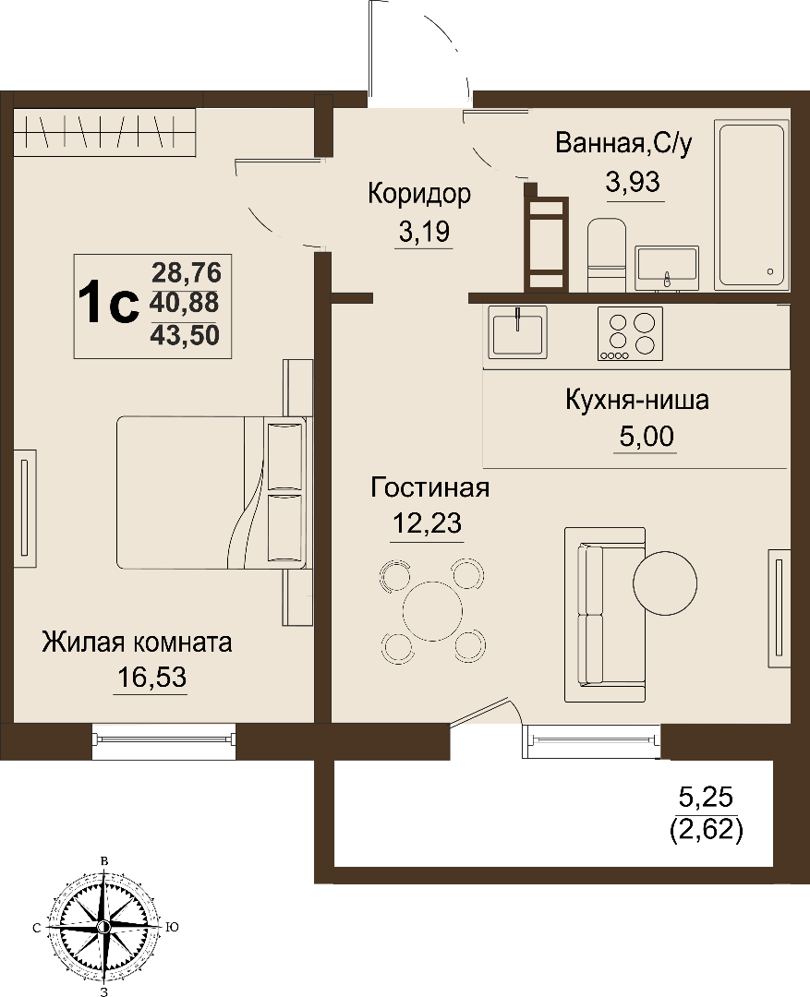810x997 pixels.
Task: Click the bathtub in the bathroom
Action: tap(752, 205)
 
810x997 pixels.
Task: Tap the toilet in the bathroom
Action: tap(607, 255)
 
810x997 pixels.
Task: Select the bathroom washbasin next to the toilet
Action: tap(667, 268)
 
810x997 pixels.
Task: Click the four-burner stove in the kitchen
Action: tap(630, 334)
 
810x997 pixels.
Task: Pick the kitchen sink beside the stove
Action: tap(517, 332)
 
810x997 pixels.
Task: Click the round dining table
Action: tap(432, 610)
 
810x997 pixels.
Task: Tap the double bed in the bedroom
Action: tap(212, 492)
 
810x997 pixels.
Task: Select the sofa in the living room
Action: tap(604, 615)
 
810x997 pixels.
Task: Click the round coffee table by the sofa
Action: tap(665, 583)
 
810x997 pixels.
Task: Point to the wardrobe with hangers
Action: tap(104, 132)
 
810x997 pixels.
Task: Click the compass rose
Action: tap(103, 927)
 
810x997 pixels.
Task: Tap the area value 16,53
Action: tap(151, 678)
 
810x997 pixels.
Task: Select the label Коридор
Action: tap(419, 193)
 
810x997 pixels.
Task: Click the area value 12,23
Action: tap(427, 523)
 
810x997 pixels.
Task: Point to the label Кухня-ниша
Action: tap(637, 401)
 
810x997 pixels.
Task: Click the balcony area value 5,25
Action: tap(707, 796)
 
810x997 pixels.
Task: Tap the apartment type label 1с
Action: tap(108, 304)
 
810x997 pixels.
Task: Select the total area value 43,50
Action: tap(185, 334)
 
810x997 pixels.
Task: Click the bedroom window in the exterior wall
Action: tap(163, 739)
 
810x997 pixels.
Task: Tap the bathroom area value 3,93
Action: tap(633, 183)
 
